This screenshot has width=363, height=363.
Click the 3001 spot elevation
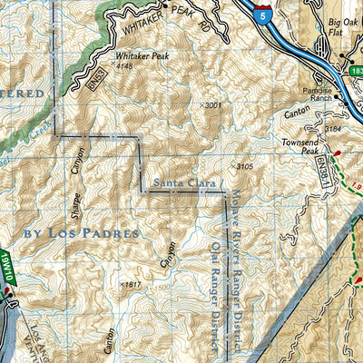pos(212,106)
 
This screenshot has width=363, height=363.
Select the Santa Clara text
pos(180,184)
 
